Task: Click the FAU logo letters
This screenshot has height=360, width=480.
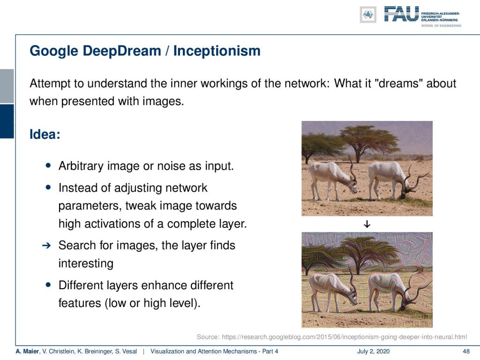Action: point(401,14)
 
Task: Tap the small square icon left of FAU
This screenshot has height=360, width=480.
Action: point(368,15)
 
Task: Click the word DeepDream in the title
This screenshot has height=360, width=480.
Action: point(122,51)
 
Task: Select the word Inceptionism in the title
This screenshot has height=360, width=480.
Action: point(217,51)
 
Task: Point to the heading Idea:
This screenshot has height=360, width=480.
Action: point(45,134)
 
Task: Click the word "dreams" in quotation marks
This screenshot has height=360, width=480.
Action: point(398,83)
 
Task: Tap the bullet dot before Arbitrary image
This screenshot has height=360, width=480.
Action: point(48,165)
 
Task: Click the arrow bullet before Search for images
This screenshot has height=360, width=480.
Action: point(46,245)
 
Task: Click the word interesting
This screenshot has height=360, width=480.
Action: point(86,263)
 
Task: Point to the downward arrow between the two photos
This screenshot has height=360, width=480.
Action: point(367,225)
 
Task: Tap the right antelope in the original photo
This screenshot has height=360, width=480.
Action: point(395,179)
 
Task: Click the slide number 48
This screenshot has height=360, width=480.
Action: point(466,352)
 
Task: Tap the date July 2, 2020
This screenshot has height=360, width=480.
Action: point(373,352)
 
